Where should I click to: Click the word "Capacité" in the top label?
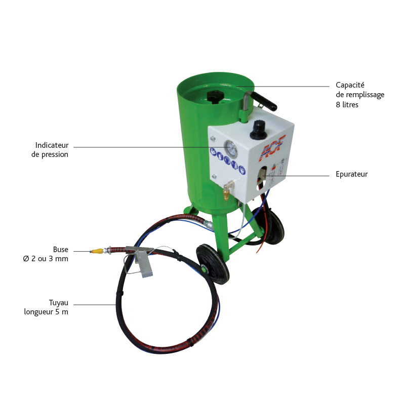pos(350,85)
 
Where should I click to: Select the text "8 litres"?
pos(347,105)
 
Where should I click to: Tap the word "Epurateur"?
pos(352,174)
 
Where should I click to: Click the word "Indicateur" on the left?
pos(52,145)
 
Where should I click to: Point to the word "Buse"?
pos(60,250)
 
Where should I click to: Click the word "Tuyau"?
pos(59,302)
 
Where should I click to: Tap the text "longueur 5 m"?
pos(46,312)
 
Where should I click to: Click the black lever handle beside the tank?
pos(266,101)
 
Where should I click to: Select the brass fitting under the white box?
pos(226,191)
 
